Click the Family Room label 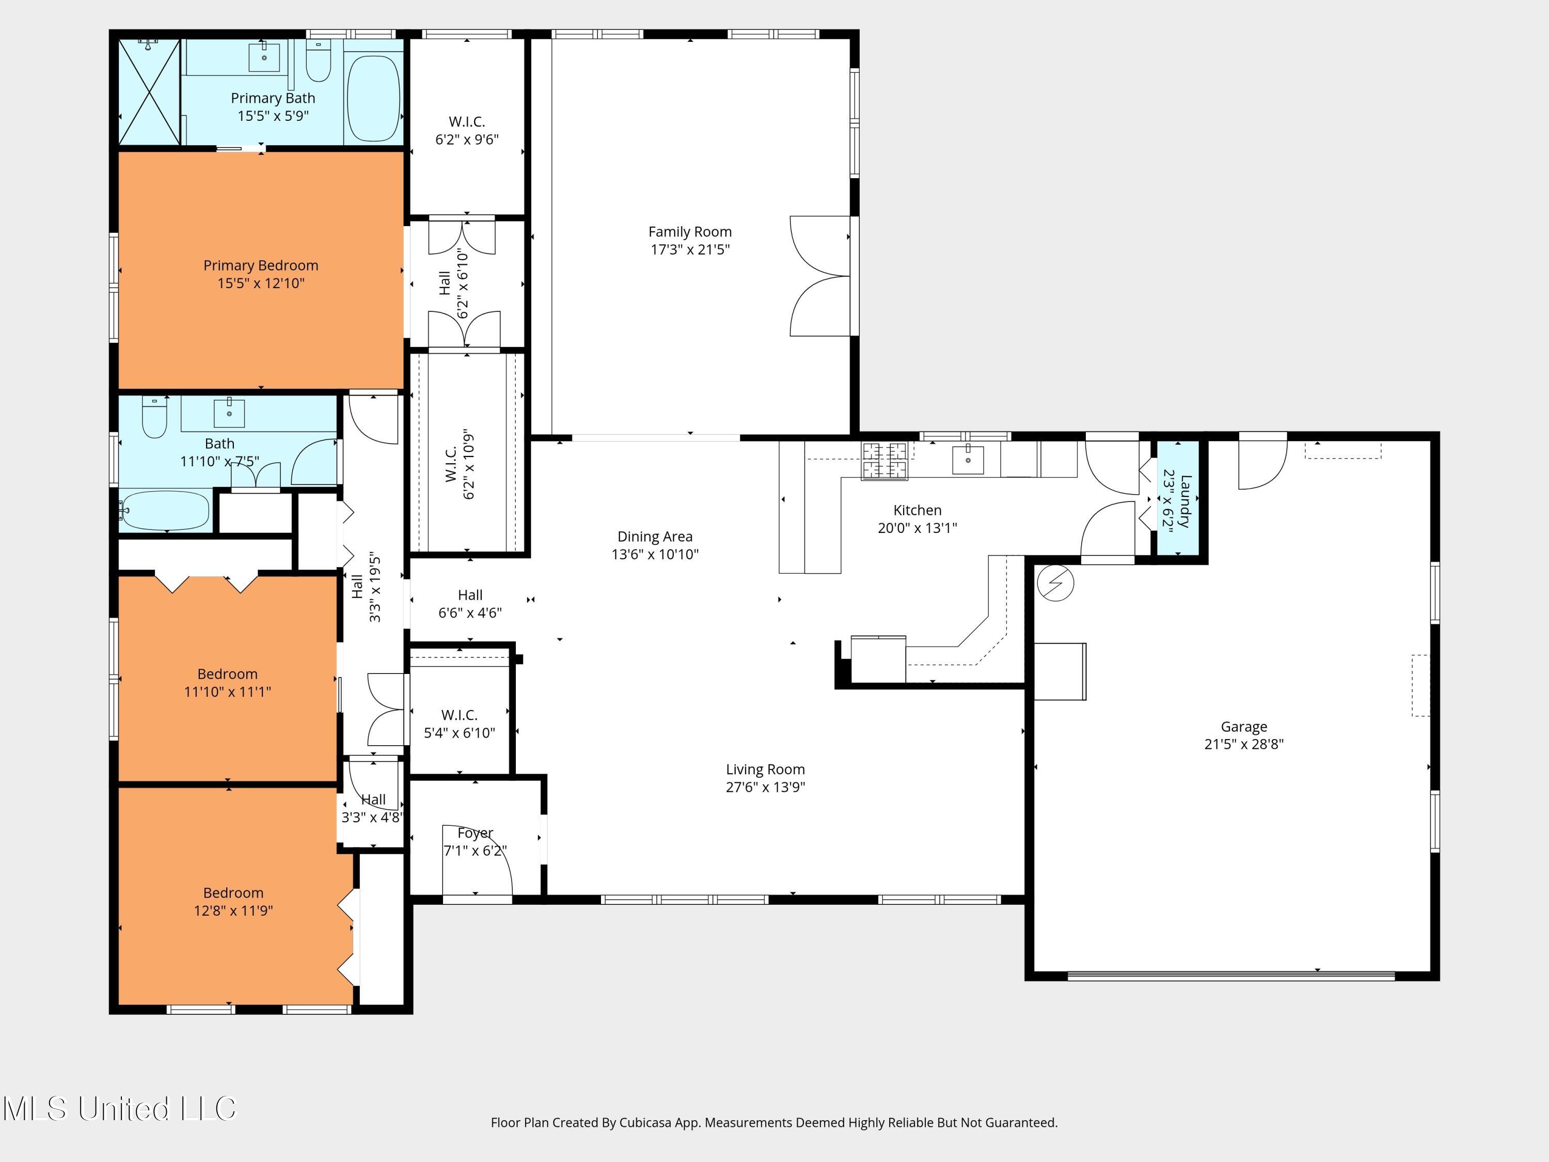[x=690, y=232]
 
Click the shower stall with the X [x=149, y=92]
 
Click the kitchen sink [x=968, y=460]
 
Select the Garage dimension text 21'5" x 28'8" [x=1244, y=745]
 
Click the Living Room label [x=765, y=769]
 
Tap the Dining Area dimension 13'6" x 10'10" [x=655, y=555]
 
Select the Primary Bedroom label [x=261, y=265]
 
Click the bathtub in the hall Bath [x=166, y=512]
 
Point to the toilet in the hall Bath [x=154, y=418]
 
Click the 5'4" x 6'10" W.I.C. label [x=460, y=733]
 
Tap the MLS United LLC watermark [x=120, y=1109]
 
